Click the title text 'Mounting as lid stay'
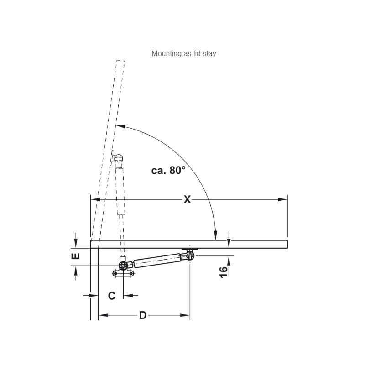coord(184,54)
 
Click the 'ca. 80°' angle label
coord(168,170)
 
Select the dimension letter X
coord(187,199)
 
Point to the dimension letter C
coord(112,296)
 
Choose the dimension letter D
coord(143,315)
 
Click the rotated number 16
coord(224,272)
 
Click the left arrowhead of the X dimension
coord(95,199)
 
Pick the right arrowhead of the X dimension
coord(282,199)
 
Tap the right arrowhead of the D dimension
coord(185,315)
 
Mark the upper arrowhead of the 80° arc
coord(121,126)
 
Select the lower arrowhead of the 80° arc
coord(216,235)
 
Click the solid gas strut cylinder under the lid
coord(157,260)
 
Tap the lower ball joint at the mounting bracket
coord(123,265)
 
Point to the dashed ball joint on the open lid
coord(119,158)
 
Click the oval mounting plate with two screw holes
coord(123,273)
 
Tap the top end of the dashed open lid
coord(120,61)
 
